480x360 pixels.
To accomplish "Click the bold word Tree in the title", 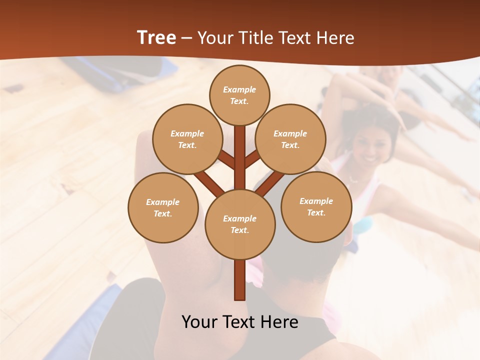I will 156,38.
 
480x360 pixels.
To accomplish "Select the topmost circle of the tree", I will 239,95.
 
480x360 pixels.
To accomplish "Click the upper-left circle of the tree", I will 187,139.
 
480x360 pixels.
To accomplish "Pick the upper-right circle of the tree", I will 290,139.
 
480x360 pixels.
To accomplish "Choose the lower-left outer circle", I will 163,207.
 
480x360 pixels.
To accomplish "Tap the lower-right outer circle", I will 316,206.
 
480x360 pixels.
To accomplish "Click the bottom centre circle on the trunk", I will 240,224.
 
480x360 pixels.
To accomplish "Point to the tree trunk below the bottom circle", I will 240,280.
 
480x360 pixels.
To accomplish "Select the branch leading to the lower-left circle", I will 209,183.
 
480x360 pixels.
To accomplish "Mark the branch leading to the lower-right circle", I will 270,183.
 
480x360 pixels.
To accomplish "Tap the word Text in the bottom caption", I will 242,322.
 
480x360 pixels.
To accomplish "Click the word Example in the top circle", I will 239,89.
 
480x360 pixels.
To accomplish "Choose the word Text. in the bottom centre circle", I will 239,230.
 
